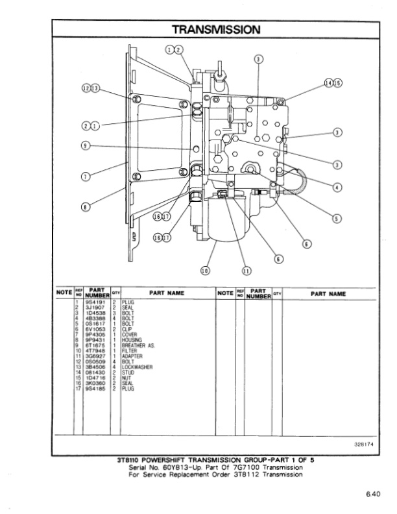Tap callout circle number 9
(85, 145)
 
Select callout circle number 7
(85, 176)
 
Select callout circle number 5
(337, 218)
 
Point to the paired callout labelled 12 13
(91, 88)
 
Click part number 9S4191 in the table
(94, 302)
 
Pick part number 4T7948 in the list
(94, 351)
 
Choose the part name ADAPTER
(132, 356)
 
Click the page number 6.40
(373, 495)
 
